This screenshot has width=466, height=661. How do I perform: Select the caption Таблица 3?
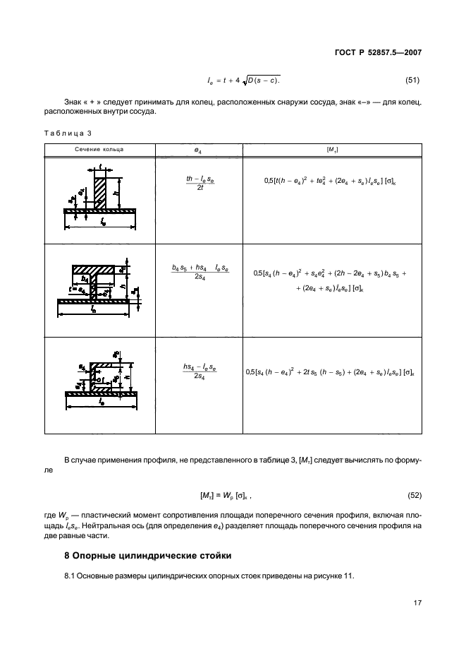[x=68, y=133]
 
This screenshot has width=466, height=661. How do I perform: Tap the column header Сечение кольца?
[x=100, y=150]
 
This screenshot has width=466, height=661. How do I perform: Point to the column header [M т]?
[x=332, y=150]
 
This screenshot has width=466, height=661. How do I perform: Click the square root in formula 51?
[x=265, y=82]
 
